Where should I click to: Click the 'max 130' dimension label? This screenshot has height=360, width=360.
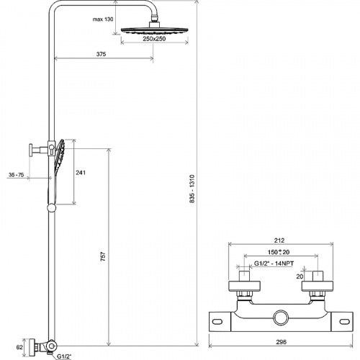pos(103,19)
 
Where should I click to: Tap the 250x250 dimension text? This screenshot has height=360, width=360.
pos(154,39)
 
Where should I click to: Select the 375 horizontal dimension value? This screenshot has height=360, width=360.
pos(101,54)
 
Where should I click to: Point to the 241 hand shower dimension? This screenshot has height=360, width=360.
pos(81,173)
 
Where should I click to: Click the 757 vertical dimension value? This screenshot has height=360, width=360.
pos(103,256)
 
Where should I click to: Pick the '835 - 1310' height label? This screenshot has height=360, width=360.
pos(192,189)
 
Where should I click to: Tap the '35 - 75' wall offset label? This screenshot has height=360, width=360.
pos(17,175)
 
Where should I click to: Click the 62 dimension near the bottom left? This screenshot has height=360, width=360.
pos(19,347)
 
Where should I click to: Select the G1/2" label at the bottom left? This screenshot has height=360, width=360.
pos(64,356)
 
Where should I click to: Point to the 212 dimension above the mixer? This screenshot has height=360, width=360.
pos(279,240)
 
